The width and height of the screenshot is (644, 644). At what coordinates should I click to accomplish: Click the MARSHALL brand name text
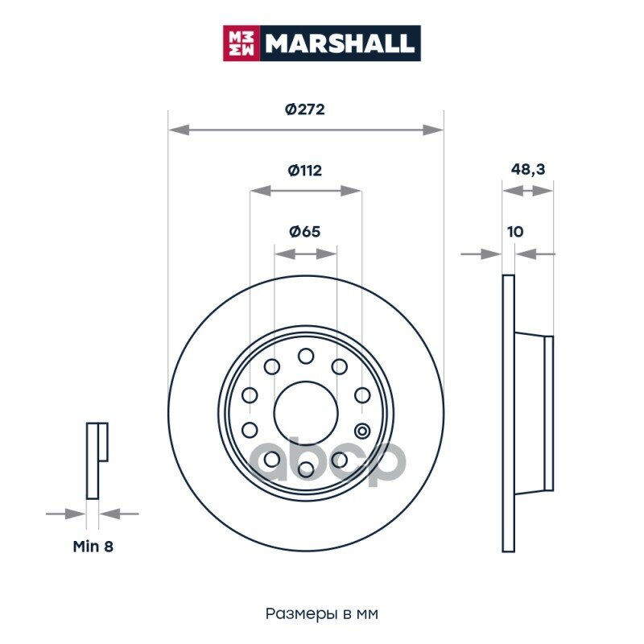[x=339, y=43]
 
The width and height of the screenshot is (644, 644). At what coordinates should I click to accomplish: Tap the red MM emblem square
[x=241, y=43]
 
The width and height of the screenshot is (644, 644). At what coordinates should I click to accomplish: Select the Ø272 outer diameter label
[x=305, y=109]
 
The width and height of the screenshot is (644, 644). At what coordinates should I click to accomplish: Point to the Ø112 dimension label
[x=305, y=170]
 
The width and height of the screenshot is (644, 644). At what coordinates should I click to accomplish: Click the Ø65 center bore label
[x=305, y=232]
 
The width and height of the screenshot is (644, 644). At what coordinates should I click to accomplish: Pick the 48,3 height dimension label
[x=528, y=169]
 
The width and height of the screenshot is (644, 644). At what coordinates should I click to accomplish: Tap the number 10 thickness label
[x=515, y=232]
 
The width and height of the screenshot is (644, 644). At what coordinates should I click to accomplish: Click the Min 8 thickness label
[x=93, y=547]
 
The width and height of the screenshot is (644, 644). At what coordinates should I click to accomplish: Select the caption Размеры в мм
[x=321, y=613]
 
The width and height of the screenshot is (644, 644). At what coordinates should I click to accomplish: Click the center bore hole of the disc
[x=306, y=413]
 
